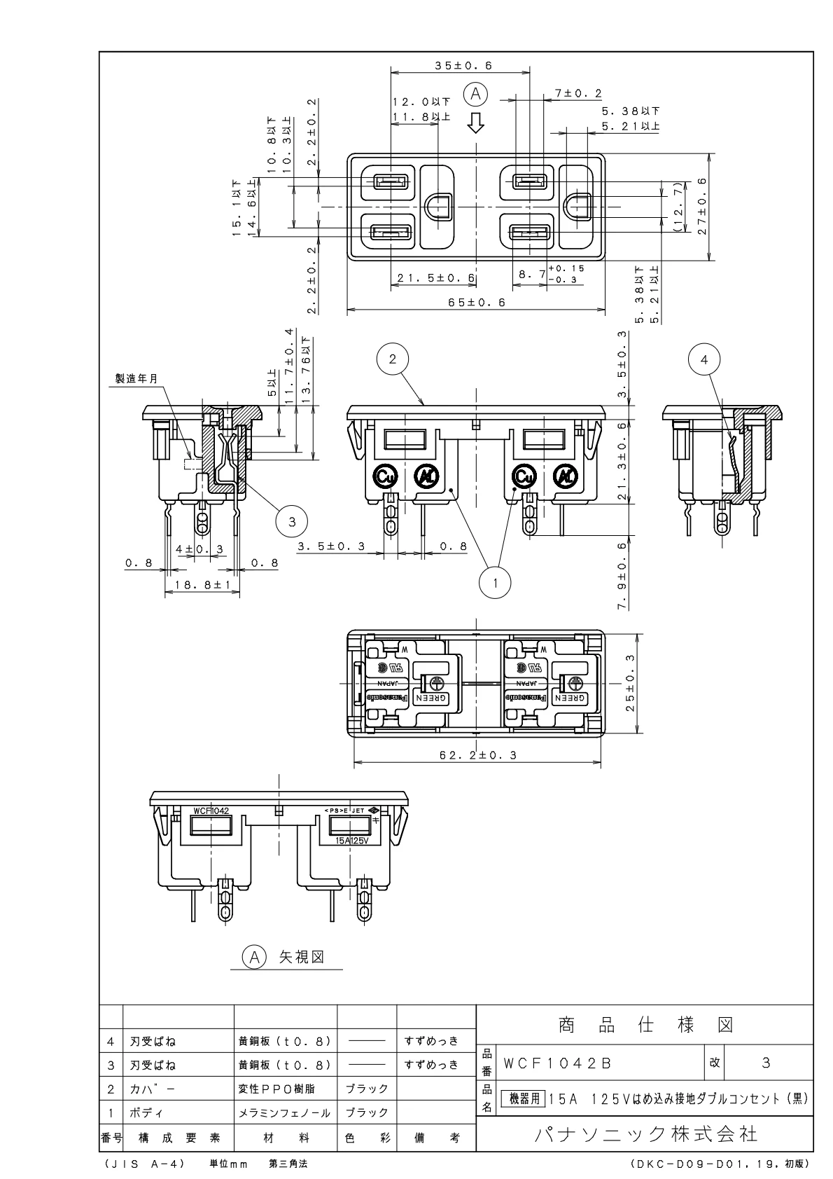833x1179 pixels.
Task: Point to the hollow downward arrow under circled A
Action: [x=476, y=123]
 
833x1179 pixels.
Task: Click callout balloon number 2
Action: [x=393, y=359]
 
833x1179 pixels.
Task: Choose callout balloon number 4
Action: [x=704, y=359]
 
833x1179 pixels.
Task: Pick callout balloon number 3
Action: [x=293, y=520]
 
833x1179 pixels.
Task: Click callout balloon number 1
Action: [x=496, y=581]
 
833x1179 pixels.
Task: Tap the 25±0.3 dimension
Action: [x=631, y=684]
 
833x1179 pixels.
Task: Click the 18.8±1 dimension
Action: [x=202, y=584]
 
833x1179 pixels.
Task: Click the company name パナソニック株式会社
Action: [x=645, y=1133]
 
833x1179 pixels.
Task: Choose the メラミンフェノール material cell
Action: [x=284, y=1112]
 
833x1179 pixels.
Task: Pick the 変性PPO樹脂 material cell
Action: [x=278, y=1089]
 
